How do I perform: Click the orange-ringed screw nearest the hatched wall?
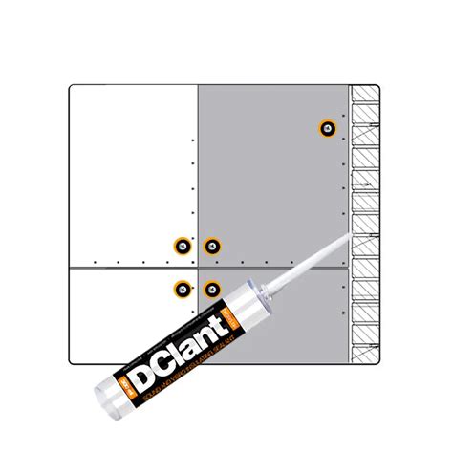(x=328, y=128)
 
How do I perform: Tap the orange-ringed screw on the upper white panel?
(x=180, y=247)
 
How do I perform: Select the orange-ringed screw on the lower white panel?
(x=181, y=288)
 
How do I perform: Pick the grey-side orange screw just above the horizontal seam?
(x=212, y=247)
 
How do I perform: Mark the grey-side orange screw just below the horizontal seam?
(x=211, y=288)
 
